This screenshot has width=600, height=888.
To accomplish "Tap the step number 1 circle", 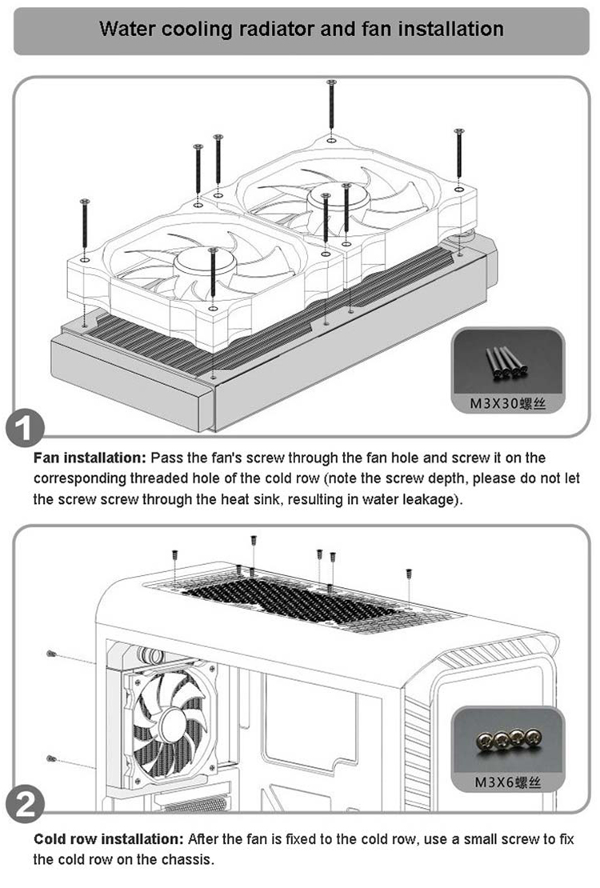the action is [x=25, y=428].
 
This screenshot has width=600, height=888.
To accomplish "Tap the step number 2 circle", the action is [x=25, y=804].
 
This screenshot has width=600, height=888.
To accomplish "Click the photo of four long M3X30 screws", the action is [x=507, y=363].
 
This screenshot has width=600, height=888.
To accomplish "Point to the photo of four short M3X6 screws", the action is [x=507, y=738].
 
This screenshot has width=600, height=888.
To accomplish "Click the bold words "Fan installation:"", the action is [x=90, y=458].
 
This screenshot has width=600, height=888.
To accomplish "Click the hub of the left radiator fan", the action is [x=205, y=262].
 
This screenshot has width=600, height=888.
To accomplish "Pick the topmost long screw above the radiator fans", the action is [x=331, y=106].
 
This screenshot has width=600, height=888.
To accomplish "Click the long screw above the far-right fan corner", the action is [x=459, y=154].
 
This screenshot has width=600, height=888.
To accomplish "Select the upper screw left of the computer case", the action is [x=51, y=654].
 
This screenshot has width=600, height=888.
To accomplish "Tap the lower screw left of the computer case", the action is [x=50, y=758].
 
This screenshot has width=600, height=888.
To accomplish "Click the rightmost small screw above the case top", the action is [x=409, y=574].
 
